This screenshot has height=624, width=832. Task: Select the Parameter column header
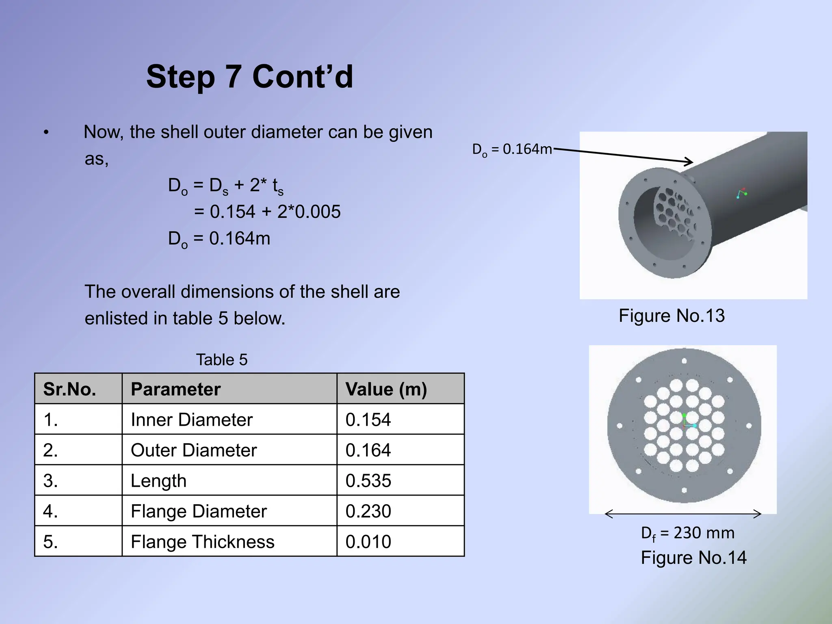click(175, 389)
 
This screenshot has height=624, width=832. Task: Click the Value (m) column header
click(386, 389)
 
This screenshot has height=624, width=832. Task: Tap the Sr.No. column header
click(69, 389)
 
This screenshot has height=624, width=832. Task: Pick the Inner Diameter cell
click(191, 420)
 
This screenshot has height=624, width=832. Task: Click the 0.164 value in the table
click(368, 450)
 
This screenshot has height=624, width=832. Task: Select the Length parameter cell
click(158, 481)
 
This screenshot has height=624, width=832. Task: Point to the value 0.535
click(368, 481)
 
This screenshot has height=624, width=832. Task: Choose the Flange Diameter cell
click(199, 511)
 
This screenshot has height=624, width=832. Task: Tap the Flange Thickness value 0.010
click(368, 542)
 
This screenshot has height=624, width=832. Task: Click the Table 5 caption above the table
click(221, 360)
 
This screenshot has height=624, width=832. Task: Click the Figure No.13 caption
click(672, 316)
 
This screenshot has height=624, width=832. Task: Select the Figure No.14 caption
click(693, 558)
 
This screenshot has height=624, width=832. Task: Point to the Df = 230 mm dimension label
click(687, 533)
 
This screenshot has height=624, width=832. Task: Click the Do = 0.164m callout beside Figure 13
click(512, 149)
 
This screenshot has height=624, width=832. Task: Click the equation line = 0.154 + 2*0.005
click(267, 212)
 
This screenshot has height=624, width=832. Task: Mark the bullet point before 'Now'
click(47, 132)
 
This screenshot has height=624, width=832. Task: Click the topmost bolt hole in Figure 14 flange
click(684, 361)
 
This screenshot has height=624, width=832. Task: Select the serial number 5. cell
click(50, 542)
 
